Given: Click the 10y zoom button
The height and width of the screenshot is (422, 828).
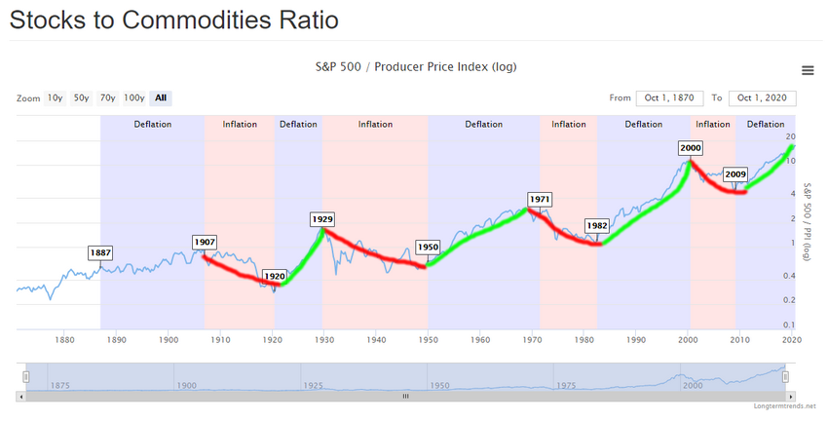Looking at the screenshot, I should [x=55, y=97].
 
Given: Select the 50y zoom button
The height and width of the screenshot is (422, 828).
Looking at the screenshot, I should [x=81, y=97].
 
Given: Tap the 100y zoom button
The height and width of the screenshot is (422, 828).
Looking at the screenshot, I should [x=134, y=97].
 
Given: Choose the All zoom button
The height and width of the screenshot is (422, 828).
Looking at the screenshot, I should [x=161, y=97].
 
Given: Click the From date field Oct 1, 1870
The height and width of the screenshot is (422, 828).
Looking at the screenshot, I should [x=669, y=97].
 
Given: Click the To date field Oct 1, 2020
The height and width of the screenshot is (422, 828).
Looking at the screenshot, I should [x=763, y=97].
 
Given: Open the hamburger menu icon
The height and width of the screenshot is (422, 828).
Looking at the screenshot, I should [x=807, y=70].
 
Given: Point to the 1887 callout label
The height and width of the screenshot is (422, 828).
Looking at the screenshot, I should [x=100, y=252].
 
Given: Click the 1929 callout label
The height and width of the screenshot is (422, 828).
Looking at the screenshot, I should [x=322, y=219].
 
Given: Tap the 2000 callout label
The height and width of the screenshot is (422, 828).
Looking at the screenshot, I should [x=691, y=148].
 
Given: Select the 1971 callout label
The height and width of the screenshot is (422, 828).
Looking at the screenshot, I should [x=540, y=199].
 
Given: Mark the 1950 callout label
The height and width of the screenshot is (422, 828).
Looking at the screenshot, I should [x=428, y=247].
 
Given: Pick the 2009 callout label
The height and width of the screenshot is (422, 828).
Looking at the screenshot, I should [x=735, y=174].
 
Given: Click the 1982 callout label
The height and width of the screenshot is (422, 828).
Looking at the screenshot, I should [x=596, y=225].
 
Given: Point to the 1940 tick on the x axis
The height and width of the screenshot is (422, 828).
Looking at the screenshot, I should [x=376, y=340].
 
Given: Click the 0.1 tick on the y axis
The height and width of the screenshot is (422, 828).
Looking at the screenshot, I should [x=792, y=325].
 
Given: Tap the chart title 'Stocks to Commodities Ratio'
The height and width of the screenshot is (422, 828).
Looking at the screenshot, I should [x=175, y=19].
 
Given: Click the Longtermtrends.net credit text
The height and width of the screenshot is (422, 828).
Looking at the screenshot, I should [x=784, y=405].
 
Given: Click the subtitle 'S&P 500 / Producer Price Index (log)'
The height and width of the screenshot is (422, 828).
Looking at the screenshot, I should [x=415, y=67].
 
